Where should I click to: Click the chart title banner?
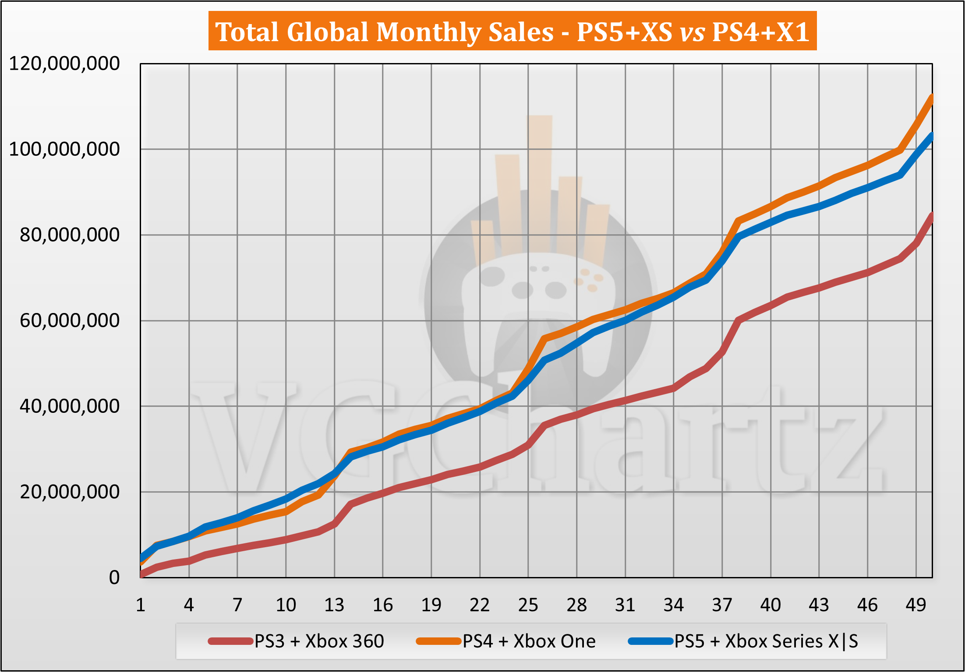pos(512,32)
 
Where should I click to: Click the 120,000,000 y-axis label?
pos(64,64)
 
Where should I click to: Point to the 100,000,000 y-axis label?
pos(64,149)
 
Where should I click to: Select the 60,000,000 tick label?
pos(69,321)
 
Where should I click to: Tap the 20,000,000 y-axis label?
pos(69,492)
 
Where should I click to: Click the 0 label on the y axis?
pos(114,578)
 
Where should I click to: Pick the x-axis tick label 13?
pos(334,605)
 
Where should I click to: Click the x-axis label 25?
pos(528,605)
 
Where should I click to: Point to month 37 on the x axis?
pos(722,605)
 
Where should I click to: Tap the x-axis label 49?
pos(916,605)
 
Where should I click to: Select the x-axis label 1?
pos(141,605)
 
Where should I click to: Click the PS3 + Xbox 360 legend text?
pos(319,641)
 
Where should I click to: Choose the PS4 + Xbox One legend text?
pos(529,641)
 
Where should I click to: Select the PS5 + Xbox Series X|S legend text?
pos(766,641)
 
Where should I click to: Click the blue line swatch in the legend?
pos(650,641)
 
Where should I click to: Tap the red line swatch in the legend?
pos(230,641)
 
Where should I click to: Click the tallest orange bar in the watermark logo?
pos(540,184)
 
